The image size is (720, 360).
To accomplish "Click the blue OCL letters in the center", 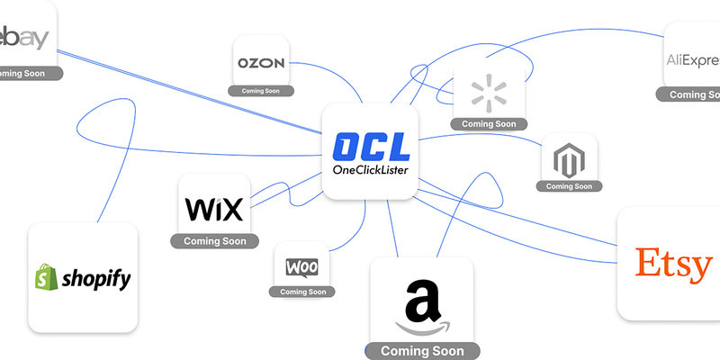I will coord(371,148).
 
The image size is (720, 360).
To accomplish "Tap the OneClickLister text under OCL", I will coord(371,171).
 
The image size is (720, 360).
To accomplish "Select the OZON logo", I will coord(261,63).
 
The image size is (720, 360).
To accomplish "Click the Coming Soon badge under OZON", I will coord(261,91).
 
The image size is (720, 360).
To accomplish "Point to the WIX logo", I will coord(214,210).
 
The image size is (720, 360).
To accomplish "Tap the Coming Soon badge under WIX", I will coord(214,241).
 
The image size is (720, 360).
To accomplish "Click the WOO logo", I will coord(303,267).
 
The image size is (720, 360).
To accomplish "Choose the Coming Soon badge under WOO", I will coord(303,292).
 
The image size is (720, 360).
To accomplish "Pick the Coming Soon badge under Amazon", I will coord(422,351).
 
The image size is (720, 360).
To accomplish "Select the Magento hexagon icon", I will coord(571,161).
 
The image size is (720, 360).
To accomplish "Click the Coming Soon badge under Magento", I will coord(571,186).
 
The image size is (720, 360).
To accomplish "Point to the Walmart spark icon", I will coord(489,92).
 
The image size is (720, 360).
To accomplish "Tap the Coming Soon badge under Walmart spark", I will coord(489,124).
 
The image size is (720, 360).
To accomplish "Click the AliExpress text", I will coord(693,60).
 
